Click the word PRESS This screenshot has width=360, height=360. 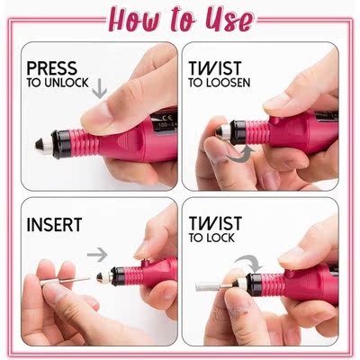tap(52, 67)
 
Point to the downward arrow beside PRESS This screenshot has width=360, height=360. tap(99, 88)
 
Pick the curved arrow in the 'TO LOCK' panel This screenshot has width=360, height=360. tap(253, 264)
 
